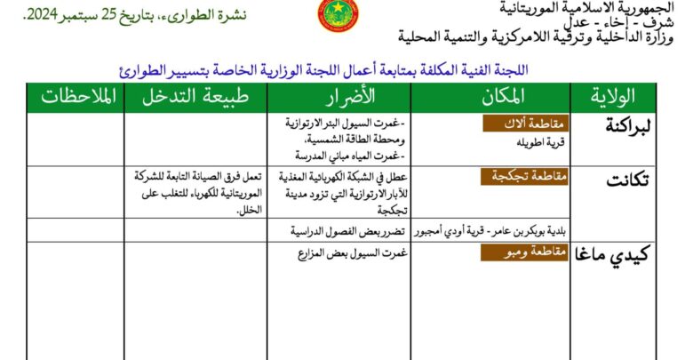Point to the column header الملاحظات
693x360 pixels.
[x=78, y=97]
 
